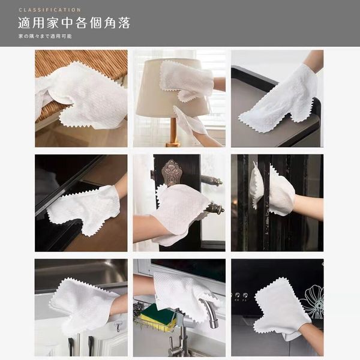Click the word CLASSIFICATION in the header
(x=50, y=10)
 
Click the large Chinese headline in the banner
(x=74, y=23)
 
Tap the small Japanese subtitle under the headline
(x=45, y=36)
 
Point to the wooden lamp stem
(x=173, y=131)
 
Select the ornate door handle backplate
(x=171, y=173)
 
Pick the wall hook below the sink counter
(x=118, y=326)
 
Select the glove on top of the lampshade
(x=187, y=80)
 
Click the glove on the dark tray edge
(x=283, y=99)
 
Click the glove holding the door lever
(x=181, y=214)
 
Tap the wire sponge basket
(x=156, y=319)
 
